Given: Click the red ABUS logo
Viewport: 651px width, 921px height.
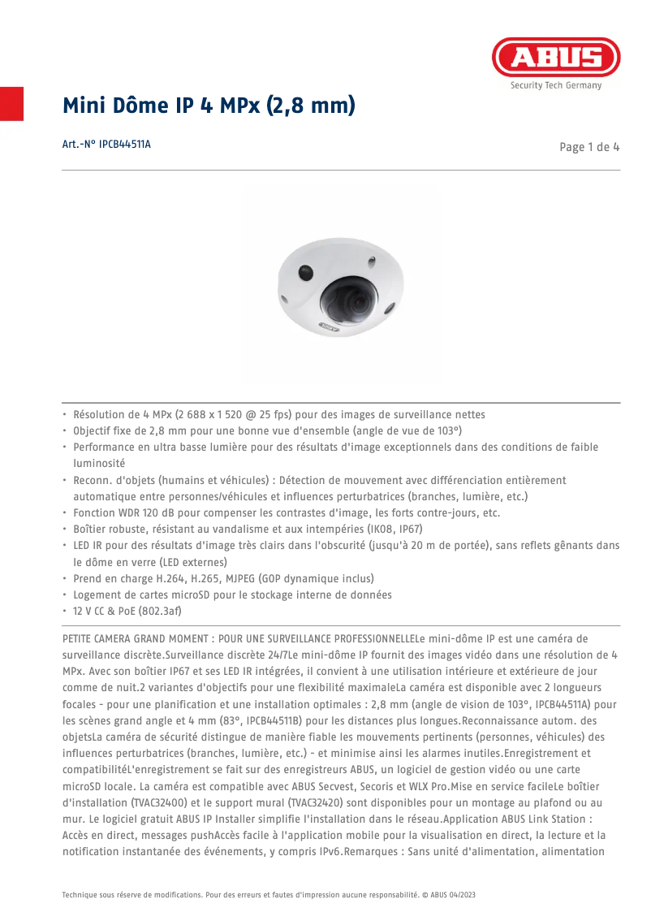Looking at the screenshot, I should (556, 58).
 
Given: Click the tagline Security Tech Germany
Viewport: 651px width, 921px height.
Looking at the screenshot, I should (556, 85).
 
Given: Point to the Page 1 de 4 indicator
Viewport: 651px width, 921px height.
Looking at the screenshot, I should (590, 147).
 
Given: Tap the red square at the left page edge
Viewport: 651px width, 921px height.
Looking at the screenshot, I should (11, 103).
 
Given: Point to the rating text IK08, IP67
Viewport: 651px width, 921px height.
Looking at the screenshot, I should (387, 529).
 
